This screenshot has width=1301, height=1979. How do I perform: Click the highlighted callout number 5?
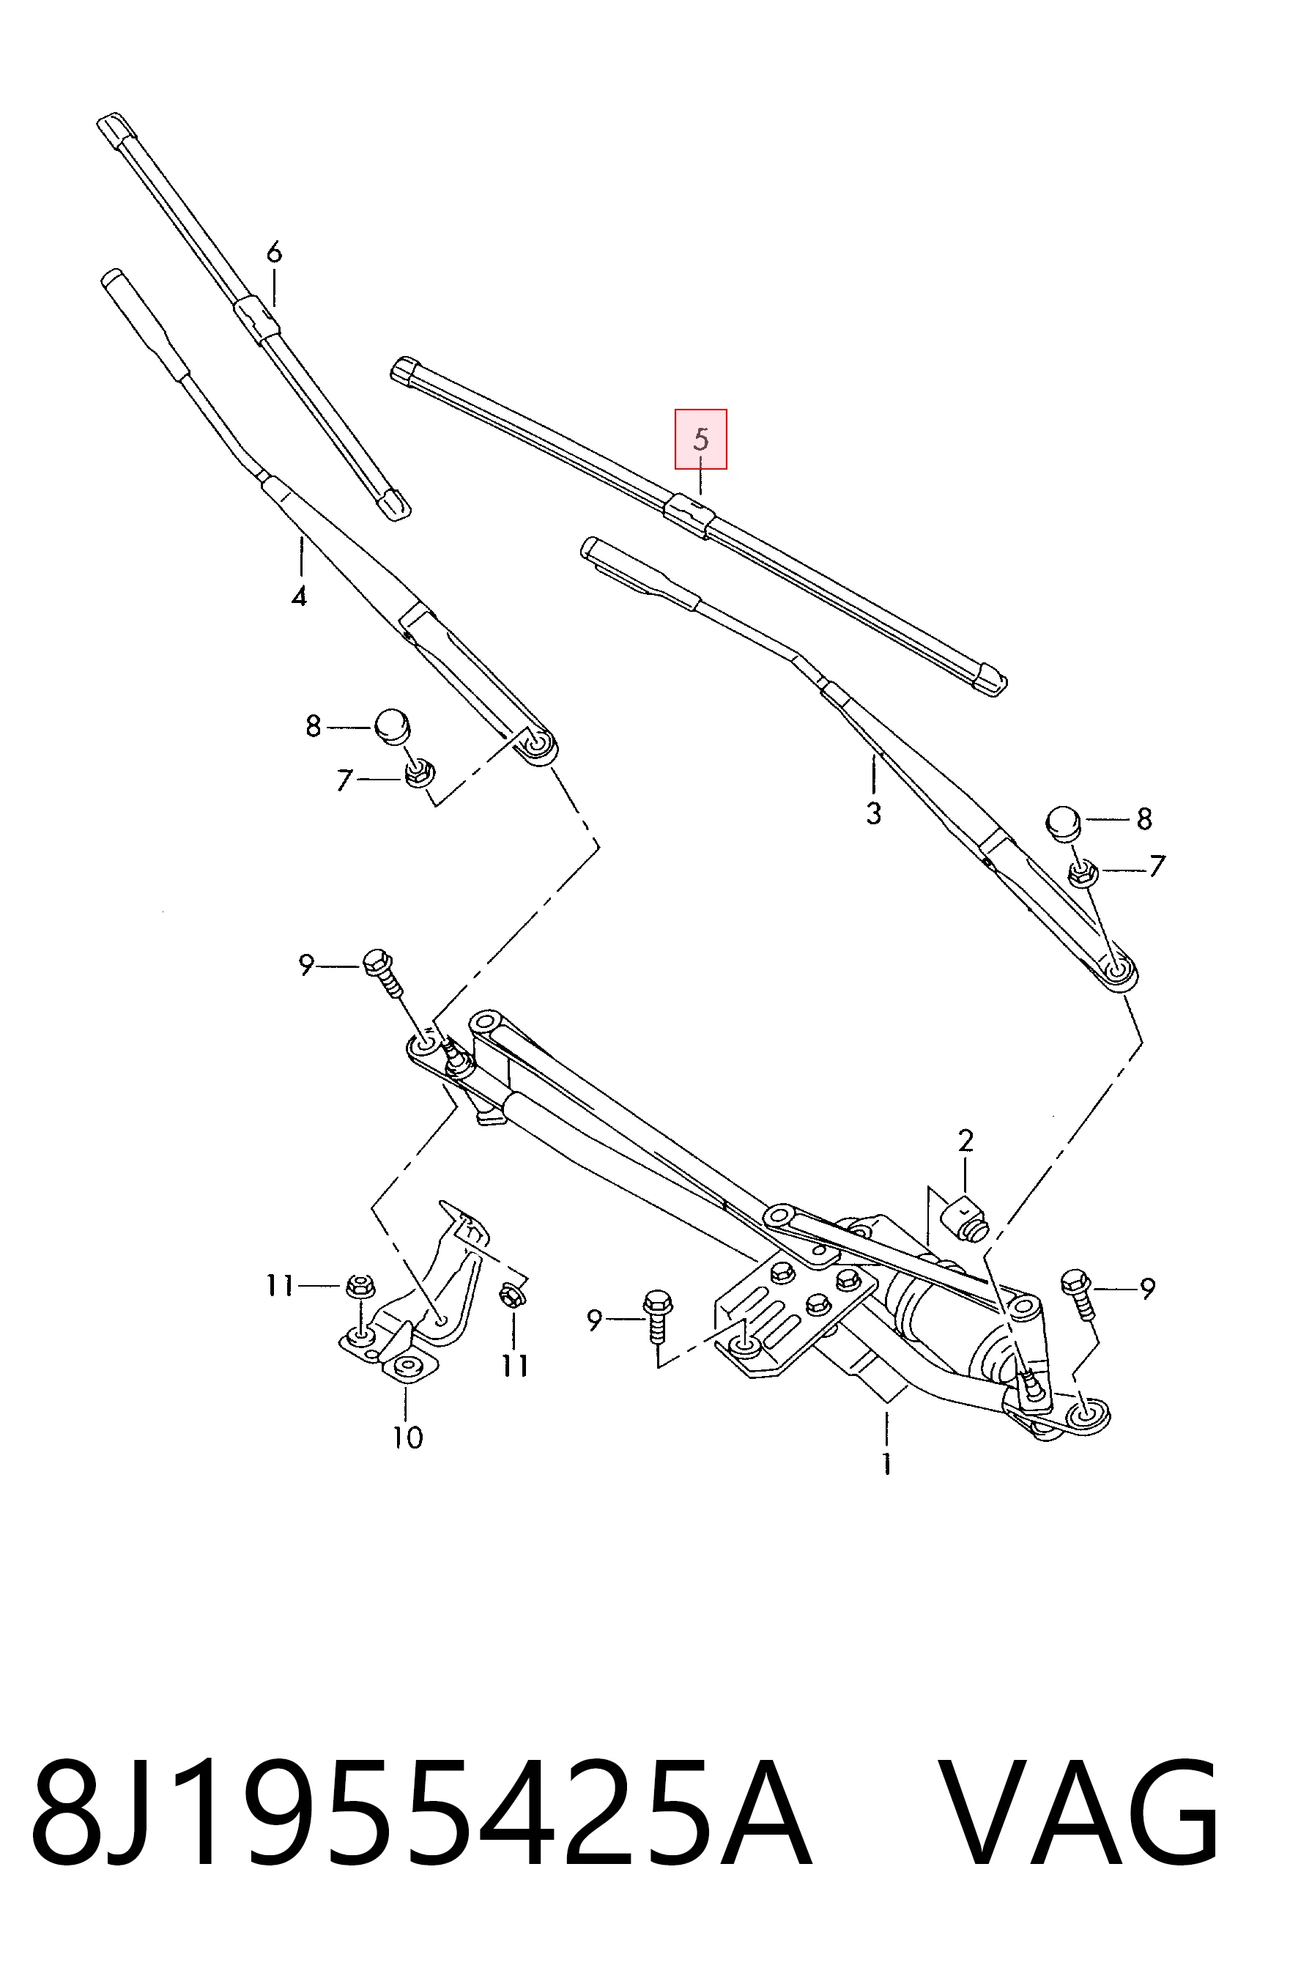[x=701, y=439]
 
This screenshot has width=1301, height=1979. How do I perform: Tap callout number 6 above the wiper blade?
[x=274, y=252]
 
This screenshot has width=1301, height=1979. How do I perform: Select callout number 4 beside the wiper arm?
[x=300, y=596]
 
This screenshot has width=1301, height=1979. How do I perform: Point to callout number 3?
[x=873, y=813]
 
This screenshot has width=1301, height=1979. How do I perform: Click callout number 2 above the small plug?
[x=965, y=1140]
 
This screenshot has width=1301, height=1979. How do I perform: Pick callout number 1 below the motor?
[x=887, y=1462]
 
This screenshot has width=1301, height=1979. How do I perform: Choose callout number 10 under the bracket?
[x=408, y=1437]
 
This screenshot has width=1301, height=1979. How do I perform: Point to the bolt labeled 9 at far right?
[x=1081, y=1293]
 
